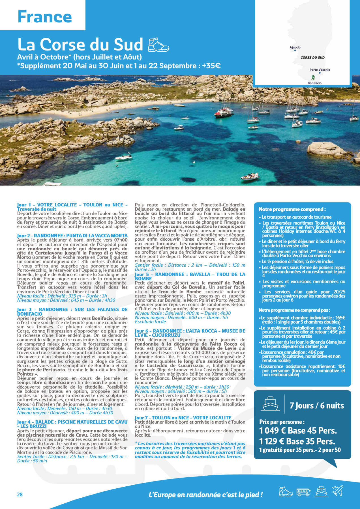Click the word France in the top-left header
click(45, 17)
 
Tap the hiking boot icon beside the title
click(158, 45)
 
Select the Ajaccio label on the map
click(295, 48)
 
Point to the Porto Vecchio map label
click(320, 70)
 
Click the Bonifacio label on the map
click(314, 83)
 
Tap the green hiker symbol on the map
click(313, 77)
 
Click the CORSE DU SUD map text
click(312, 57)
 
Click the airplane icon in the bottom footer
click(338, 491)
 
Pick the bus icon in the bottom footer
click(303, 492)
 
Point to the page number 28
click(20, 494)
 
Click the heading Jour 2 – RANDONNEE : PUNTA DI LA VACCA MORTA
click(72, 236)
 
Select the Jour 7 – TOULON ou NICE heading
click(183, 418)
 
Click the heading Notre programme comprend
click(292, 209)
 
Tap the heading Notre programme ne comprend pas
click(294, 310)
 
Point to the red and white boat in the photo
click(224, 112)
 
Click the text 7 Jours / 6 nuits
click(317, 406)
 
